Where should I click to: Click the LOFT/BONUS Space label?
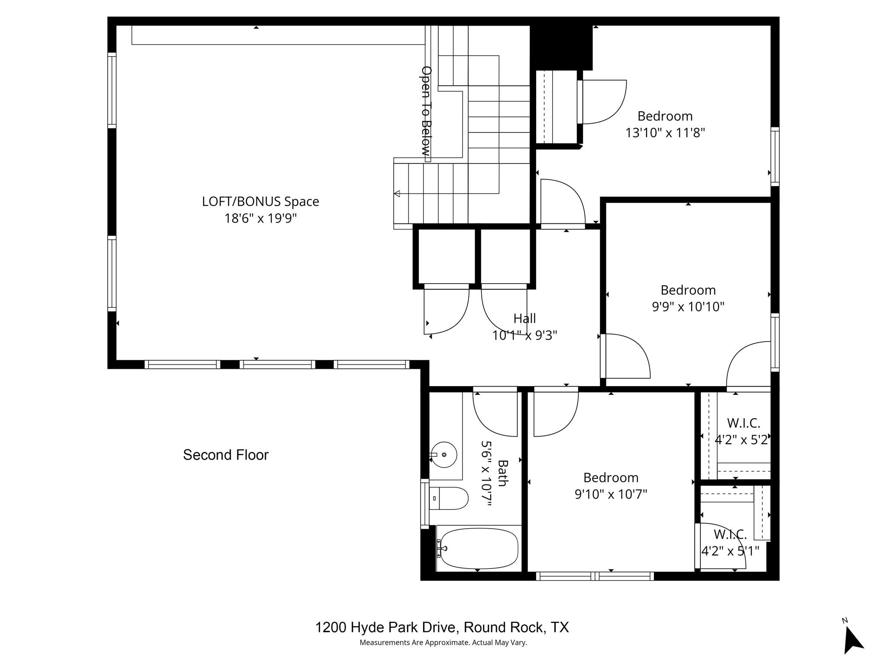[x=260, y=202]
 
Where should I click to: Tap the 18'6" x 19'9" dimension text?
[x=260, y=218]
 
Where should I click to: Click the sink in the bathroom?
[x=444, y=455]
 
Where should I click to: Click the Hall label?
[x=524, y=319]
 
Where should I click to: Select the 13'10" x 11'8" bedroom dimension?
[x=665, y=132]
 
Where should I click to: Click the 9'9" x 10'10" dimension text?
[x=688, y=307]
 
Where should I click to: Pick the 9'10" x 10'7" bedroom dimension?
[x=611, y=494]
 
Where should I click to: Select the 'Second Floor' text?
[x=226, y=455]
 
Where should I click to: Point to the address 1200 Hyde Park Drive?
[x=442, y=627]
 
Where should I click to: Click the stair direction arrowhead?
[x=397, y=194]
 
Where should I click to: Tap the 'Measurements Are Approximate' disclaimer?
[x=443, y=642]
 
